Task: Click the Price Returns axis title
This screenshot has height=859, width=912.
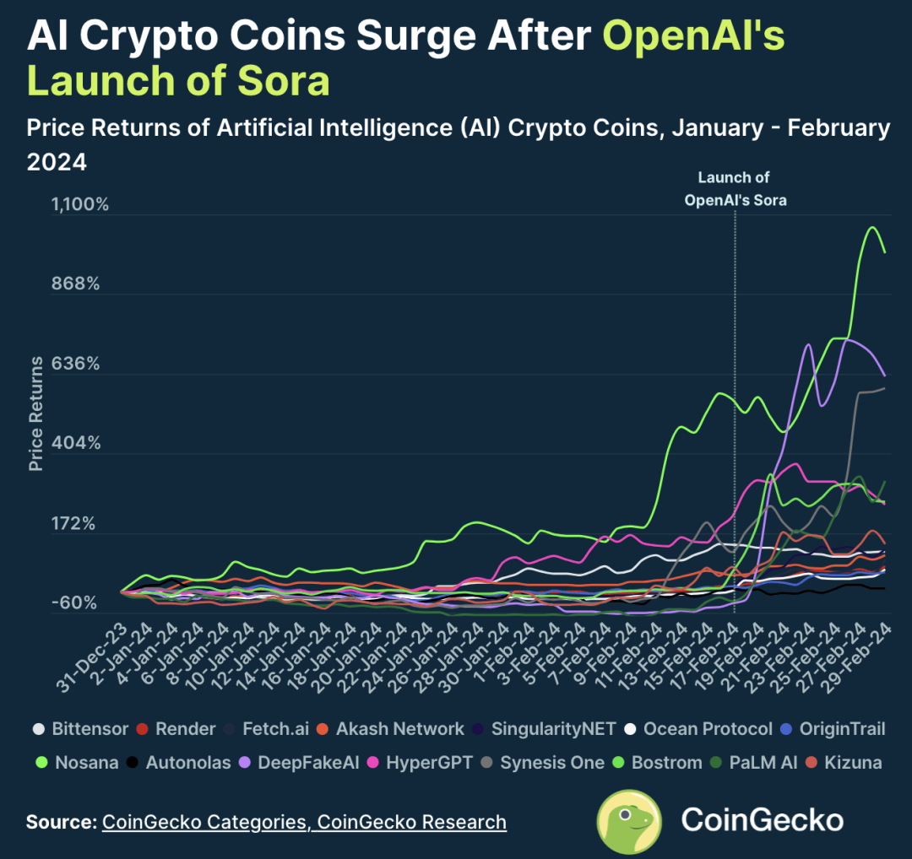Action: coord(35,413)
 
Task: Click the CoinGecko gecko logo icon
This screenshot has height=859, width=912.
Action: coord(629,821)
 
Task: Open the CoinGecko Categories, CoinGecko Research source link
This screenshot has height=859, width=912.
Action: coord(304,822)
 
